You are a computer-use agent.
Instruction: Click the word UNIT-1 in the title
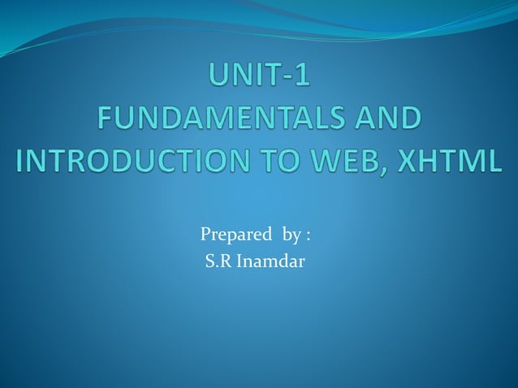point(259,79)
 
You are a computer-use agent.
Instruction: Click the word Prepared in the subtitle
point(235,235)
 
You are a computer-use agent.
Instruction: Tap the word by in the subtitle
point(291,236)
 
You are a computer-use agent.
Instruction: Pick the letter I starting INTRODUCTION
point(21,158)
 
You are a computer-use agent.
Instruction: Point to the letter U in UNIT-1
point(219,79)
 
